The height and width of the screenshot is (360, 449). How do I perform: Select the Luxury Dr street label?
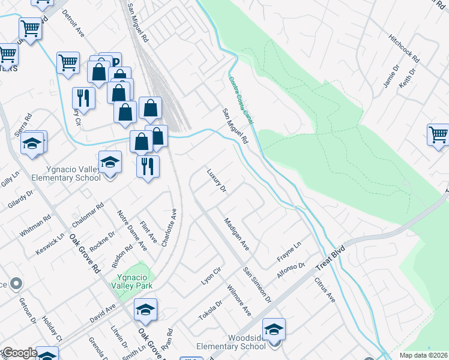(x=216, y=181)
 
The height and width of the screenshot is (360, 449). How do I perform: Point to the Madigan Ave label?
(x=236, y=235)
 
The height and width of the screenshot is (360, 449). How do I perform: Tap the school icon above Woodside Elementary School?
(x=274, y=329)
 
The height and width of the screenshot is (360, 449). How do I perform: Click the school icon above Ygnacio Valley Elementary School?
(x=110, y=162)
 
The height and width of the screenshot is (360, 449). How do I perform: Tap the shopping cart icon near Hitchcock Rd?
(x=439, y=135)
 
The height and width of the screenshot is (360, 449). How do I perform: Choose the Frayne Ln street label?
(x=289, y=250)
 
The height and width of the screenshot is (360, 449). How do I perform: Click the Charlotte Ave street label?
(x=169, y=225)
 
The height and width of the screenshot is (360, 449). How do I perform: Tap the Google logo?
(x=20, y=353)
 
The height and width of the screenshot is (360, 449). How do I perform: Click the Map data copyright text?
(x=423, y=355)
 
